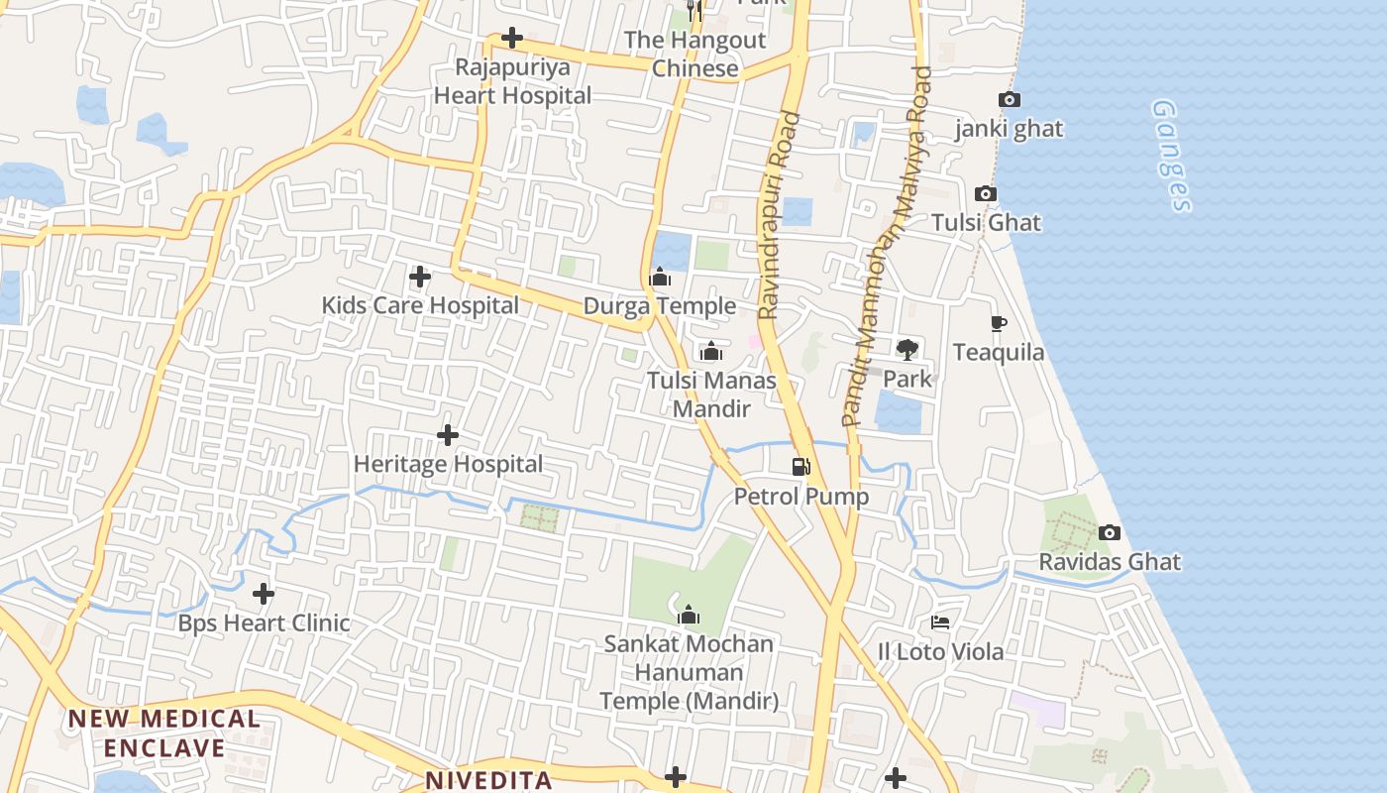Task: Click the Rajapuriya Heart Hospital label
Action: [x=512, y=82]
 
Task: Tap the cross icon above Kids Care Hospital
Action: [x=420, y=277]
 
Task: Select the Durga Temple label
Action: [x=659, y=306]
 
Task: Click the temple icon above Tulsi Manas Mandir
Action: [x=711, y=352]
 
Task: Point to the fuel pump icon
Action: [x=800, y=466]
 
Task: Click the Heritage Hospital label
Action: [x=448, y=464]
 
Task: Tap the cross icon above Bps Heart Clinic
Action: [x=264, y=594]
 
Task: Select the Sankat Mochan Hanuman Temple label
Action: [x=689, y=672]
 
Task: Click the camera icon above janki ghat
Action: [x=1010, y=99]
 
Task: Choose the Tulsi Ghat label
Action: [x=986, y=222]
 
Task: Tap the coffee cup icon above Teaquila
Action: [x=999, y=323]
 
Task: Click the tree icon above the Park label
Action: [x=907, y=349]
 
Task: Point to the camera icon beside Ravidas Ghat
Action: [x=1110, y=532]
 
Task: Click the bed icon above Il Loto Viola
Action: [x=940, y=623]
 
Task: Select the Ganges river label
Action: [x=1172, y=156]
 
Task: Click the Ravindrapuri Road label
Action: [x=779, y=215]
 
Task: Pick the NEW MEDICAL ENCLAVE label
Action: [x=164, y=733]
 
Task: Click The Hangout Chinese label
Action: [x=694, y=55]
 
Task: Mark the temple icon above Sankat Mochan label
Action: [x=689, y=616]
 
